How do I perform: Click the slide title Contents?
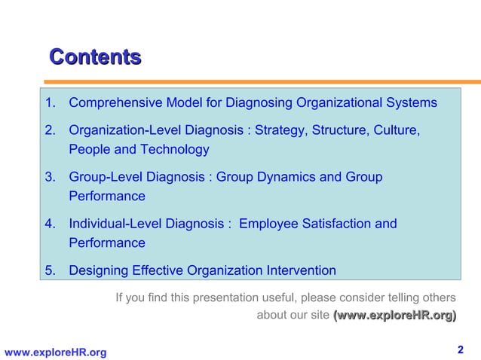point(95,56)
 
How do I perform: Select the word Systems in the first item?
point(410,102)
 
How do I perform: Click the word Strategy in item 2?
point(278,131)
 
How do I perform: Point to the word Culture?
point(392,131)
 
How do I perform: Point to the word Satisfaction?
point(335,224)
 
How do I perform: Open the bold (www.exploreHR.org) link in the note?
point(394,316)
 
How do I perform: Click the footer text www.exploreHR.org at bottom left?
point(55,352)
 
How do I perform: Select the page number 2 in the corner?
point(461,349)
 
